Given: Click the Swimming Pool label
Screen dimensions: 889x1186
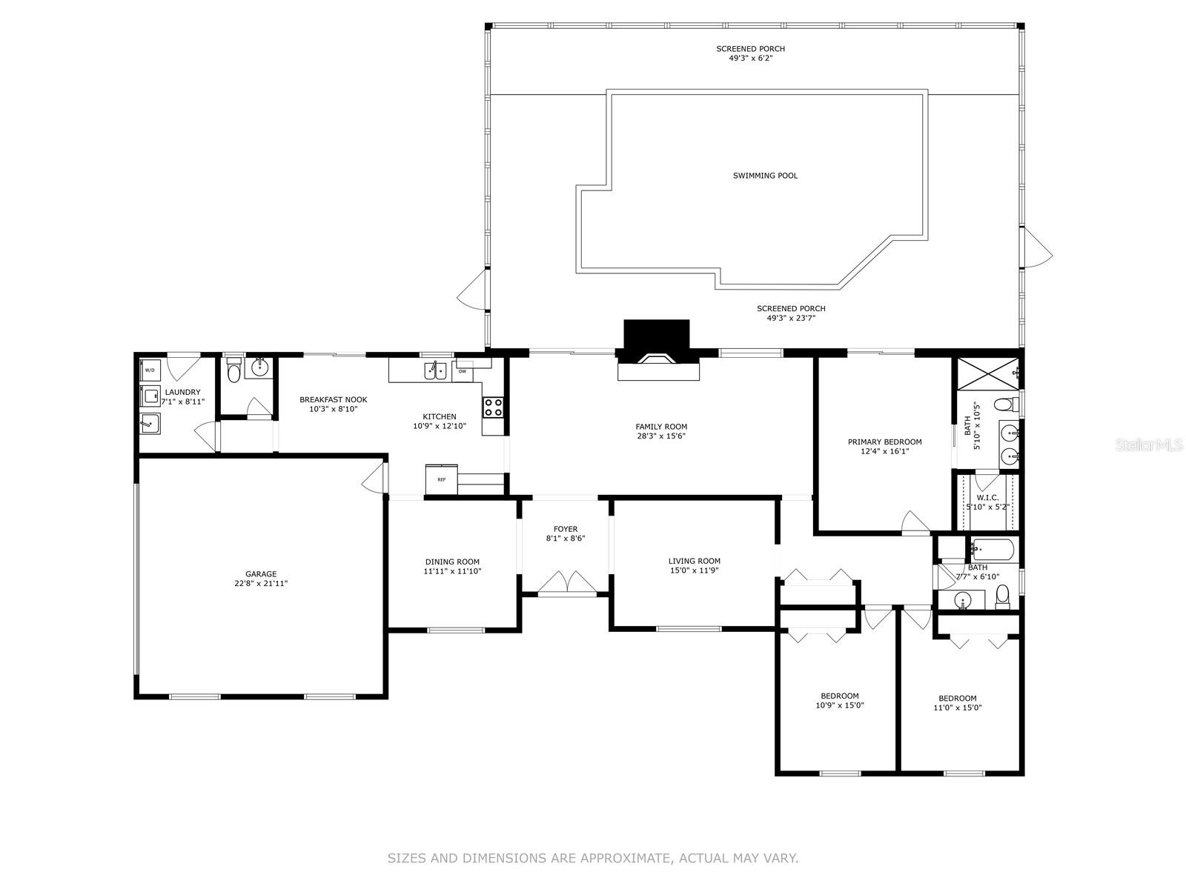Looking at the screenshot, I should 765,176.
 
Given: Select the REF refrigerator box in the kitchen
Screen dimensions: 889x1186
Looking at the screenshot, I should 442,479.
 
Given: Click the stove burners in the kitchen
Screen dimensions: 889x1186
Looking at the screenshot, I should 494,407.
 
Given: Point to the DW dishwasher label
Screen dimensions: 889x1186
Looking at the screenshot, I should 462,371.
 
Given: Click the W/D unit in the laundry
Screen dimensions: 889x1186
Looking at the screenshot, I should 150,369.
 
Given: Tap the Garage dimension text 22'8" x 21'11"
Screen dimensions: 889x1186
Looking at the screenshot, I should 261,584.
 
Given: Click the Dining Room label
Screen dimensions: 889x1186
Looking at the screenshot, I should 452,562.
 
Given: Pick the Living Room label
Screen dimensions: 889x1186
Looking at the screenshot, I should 694,561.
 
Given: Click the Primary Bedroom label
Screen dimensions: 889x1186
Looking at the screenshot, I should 884,442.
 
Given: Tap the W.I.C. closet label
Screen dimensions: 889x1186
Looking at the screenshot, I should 987,498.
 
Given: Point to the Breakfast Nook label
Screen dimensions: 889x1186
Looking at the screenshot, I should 333,399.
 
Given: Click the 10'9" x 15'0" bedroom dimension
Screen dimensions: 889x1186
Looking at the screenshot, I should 839,706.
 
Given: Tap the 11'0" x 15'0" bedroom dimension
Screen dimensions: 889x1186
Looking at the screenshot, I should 958,708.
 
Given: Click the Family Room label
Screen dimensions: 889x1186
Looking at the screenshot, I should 661,427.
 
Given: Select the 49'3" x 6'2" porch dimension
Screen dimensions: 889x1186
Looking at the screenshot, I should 750,58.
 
